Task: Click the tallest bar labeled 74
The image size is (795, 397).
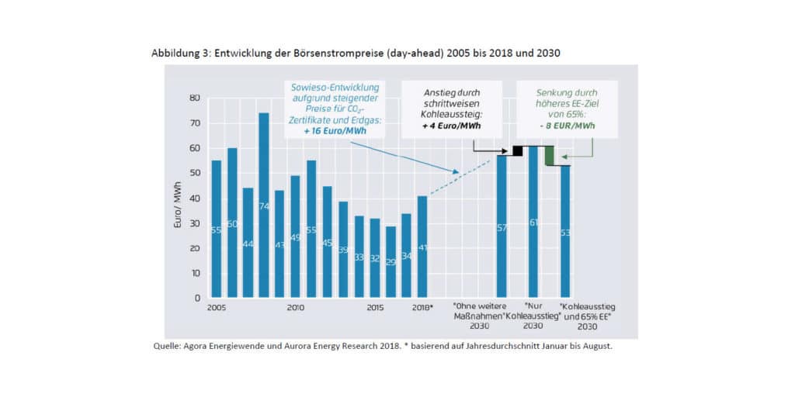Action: (264, 205)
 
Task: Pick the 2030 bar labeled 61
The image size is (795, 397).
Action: (533, 222)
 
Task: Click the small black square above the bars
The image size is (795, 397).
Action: (517, 150)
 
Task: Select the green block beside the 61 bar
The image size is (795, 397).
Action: (549, 155)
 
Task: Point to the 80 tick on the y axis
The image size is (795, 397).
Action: (195, 98)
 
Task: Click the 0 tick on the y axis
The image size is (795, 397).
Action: (197, 298)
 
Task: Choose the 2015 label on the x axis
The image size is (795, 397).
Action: (375, 308)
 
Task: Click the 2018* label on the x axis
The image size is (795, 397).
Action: (423, 308)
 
